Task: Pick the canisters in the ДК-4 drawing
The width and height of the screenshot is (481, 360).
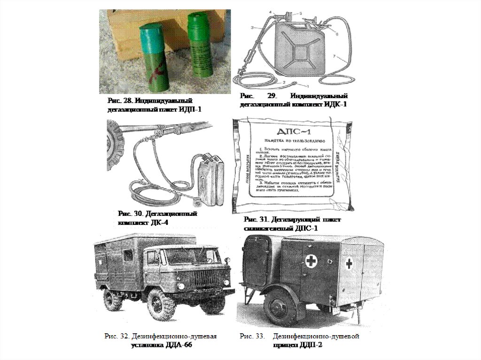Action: click(210, 181)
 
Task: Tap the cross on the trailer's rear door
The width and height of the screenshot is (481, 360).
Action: click(349, 263)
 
